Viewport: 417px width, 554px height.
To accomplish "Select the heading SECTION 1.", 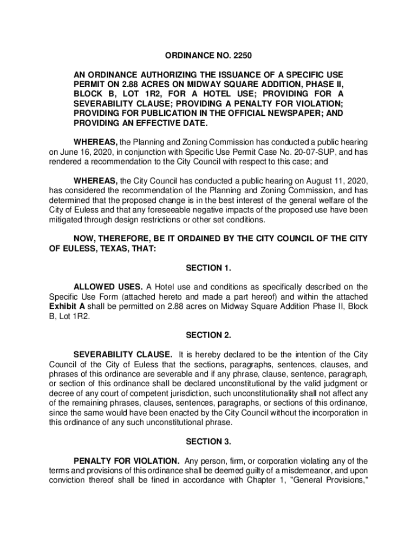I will pyautogui.click(x=208, y=268).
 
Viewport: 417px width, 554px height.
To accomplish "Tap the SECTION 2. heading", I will pyautogui.click(x=208, y=335).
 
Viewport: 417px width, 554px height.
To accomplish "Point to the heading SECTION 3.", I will pyautogui.click(x=208, y=442).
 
